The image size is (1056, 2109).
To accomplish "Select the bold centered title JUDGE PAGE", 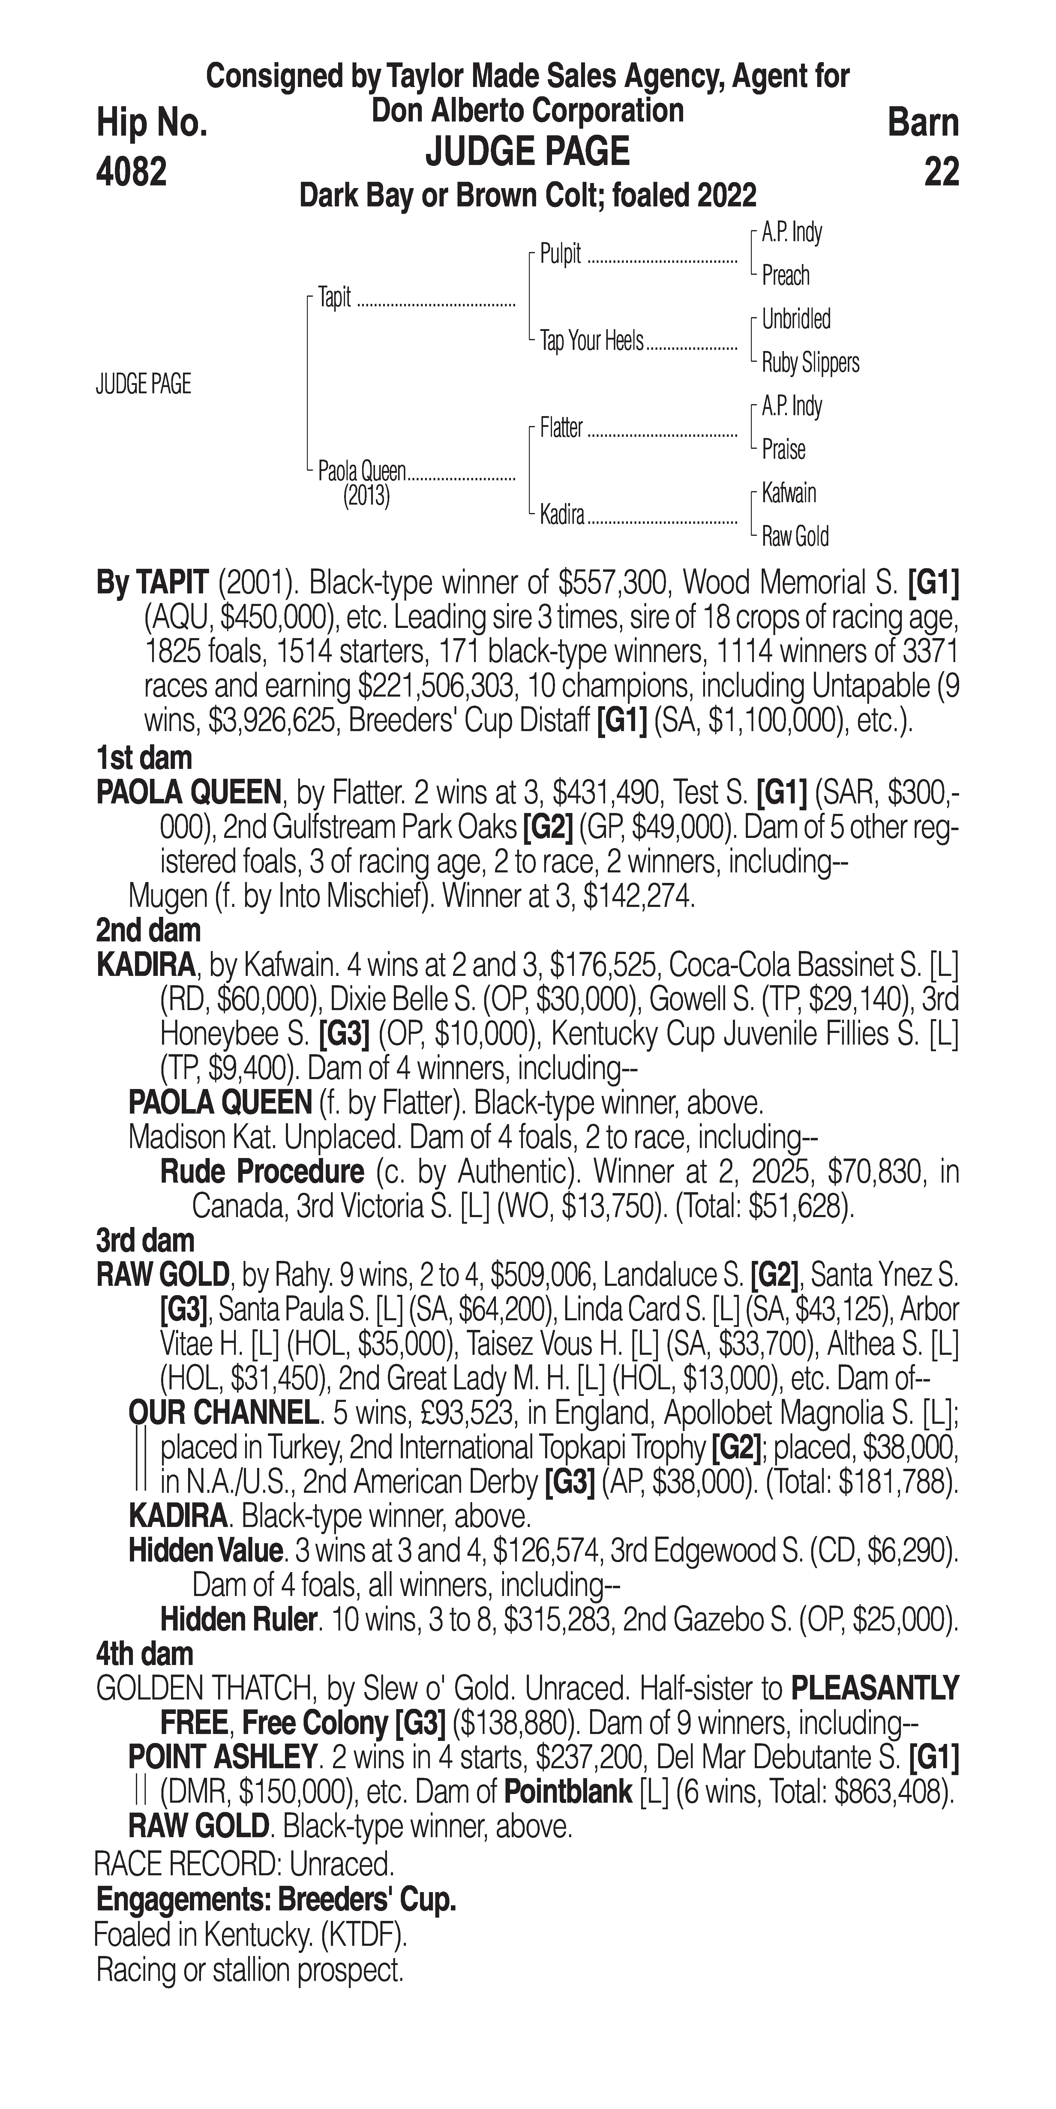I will point(527,152).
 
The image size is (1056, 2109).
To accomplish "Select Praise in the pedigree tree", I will point(783,449).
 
